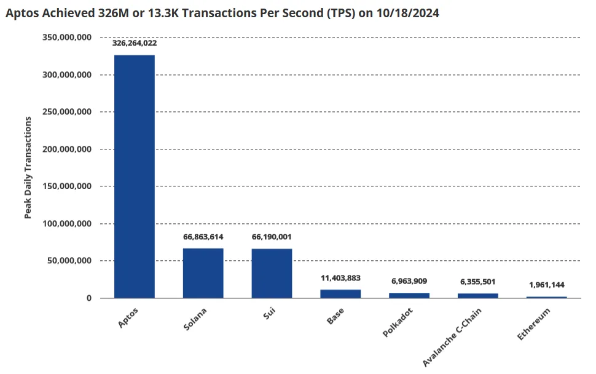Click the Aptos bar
point(134,177)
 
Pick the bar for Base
point(340,293)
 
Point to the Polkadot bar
point(409,295)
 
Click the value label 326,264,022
point(134,44)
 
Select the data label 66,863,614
point(203,237)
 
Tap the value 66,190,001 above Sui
point(272,237)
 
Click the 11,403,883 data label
point(340,278)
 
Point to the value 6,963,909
point(409,282)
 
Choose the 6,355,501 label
point(478,282)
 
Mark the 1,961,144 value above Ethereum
point(546,285)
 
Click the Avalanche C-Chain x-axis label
point(452,336)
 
